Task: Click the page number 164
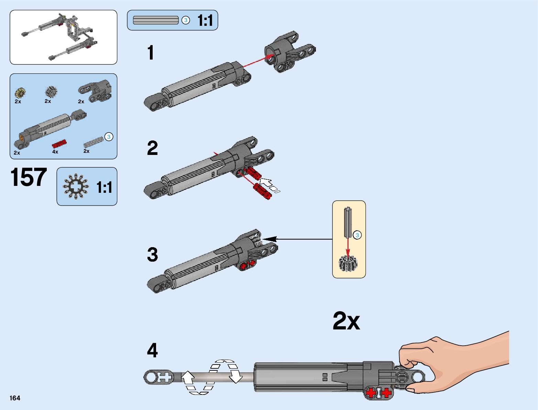coord(15,398)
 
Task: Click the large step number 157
coord(29,178)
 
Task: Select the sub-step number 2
coord(152,148)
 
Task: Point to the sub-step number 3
coord(152,255)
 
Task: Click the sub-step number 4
coord(152,350)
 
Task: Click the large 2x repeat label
coord(346,321)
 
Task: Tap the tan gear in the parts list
coord(20,93)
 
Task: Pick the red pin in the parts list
coord(59,144)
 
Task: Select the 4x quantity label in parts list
coord(55,152)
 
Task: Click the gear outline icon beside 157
coord(76,186)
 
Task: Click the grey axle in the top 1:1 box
coord(156,20)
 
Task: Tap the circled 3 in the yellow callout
coord(358,235)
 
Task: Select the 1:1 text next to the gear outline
coord(104,188)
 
